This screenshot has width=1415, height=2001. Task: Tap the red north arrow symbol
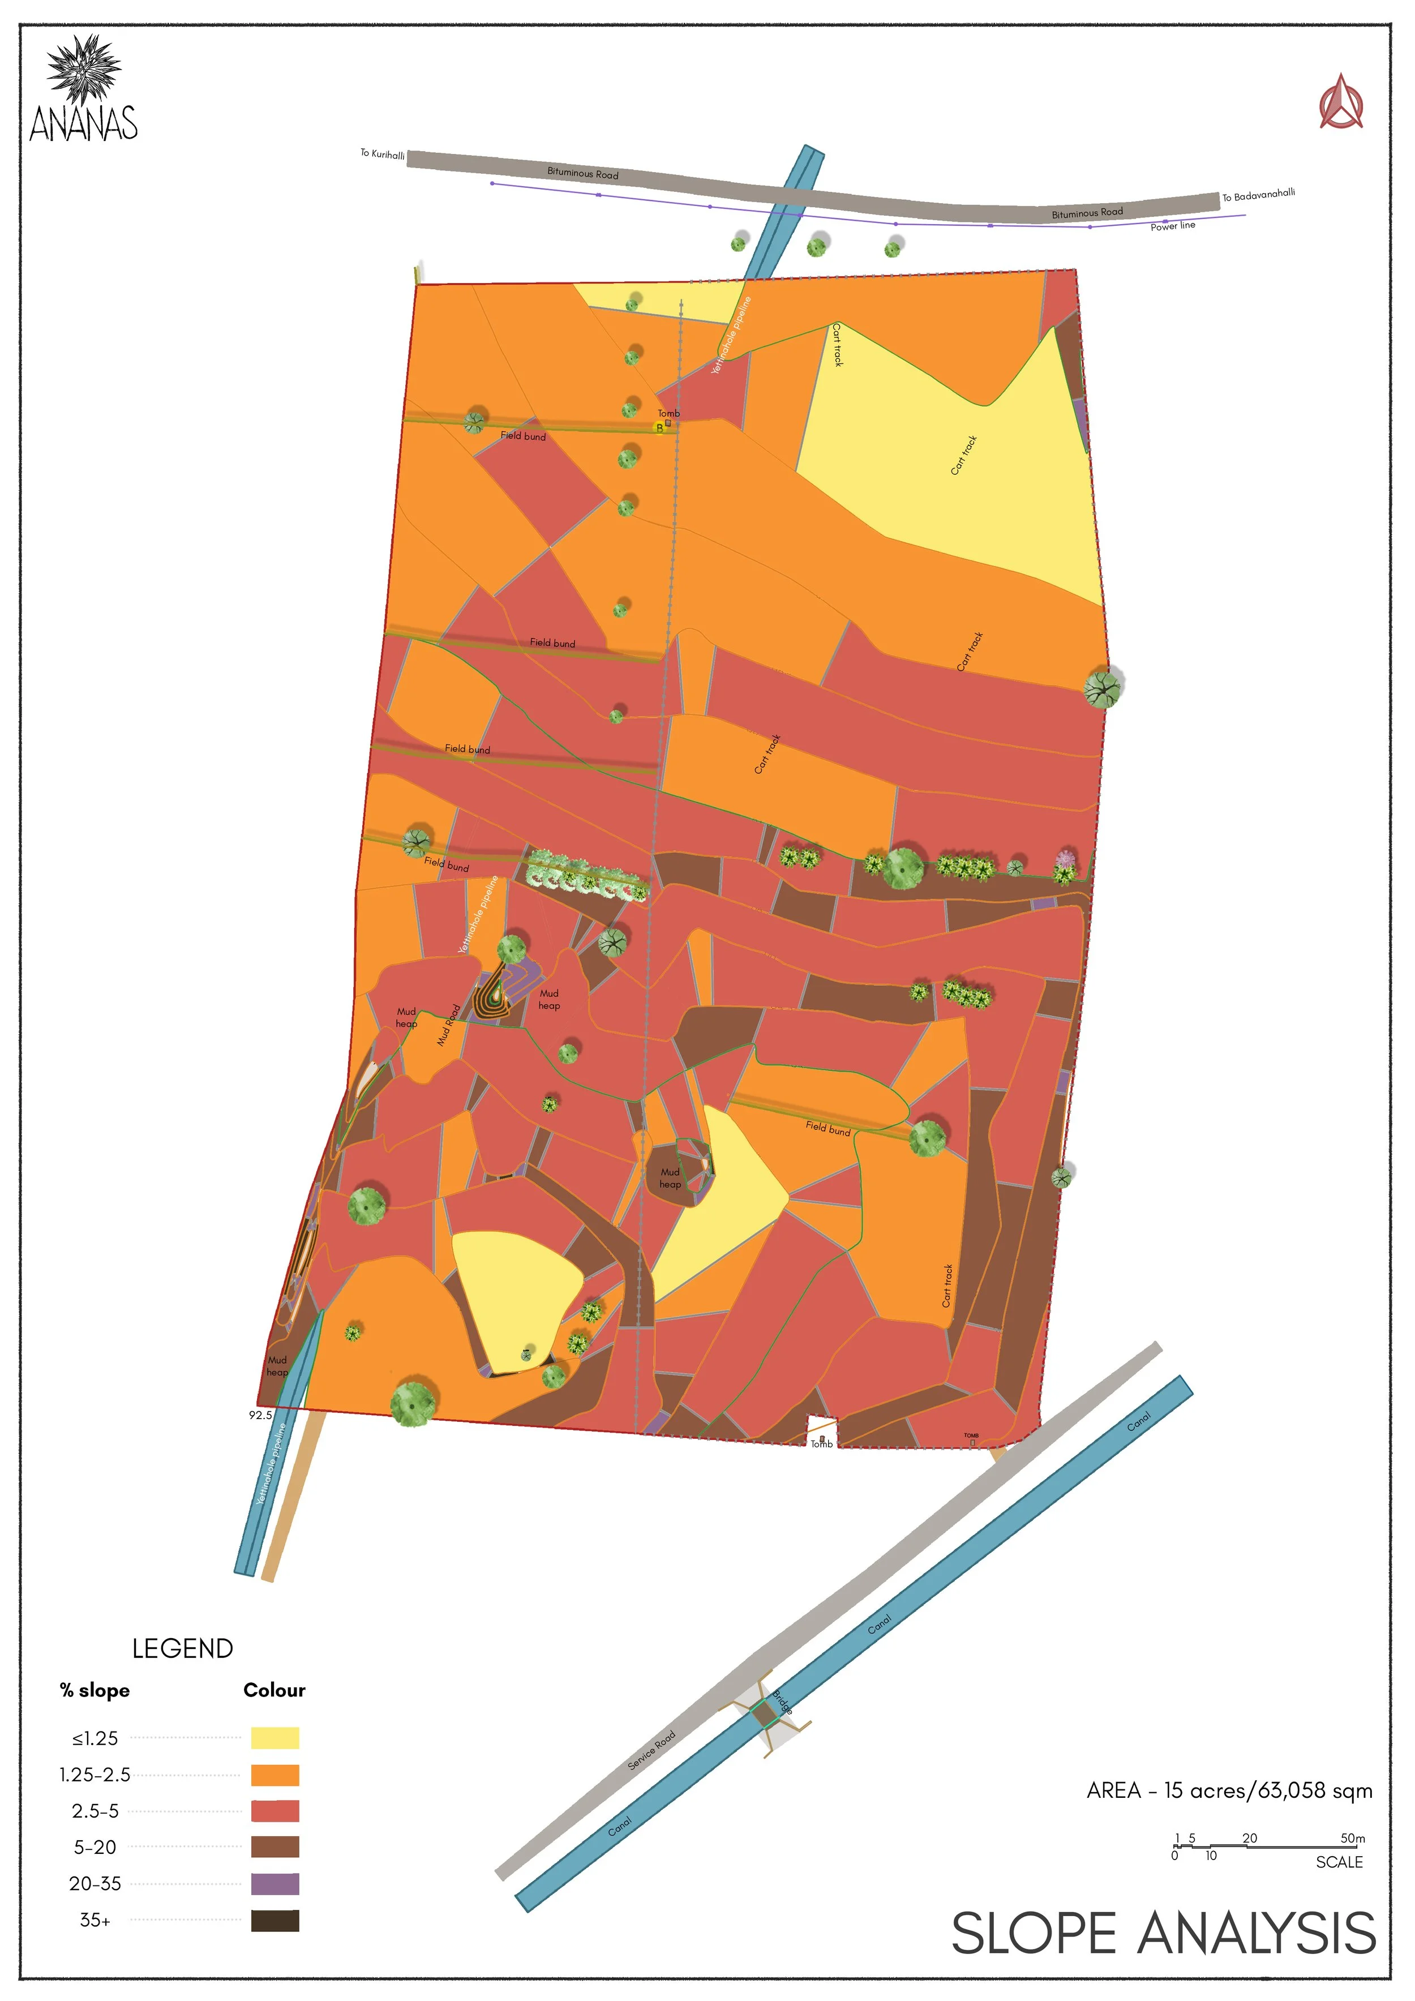click(1340, 103)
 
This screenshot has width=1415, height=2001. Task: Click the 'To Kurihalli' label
click(383, 155)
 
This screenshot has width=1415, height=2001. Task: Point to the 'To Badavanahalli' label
click(1258, 194)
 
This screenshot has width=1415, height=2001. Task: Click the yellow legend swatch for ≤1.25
click(275, 1738)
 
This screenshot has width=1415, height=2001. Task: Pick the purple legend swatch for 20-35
click(275, 1883)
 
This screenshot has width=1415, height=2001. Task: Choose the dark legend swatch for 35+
click(275, 1920)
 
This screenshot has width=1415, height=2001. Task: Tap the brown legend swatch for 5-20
click(275, 1846)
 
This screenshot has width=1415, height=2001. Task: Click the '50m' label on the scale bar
click(1352, 1838)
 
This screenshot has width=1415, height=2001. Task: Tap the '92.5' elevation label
click(260, 1415)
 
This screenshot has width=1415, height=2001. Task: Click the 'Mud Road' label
click(449, 1025)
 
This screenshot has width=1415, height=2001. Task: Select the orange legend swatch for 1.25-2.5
click(275, 1775)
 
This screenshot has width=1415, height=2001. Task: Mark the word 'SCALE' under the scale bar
click(1339, 1862)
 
